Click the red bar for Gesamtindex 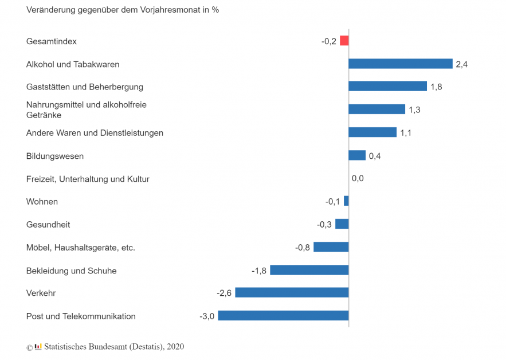344,41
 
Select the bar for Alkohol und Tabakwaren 400,64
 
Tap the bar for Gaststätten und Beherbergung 387,87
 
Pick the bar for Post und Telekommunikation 283,316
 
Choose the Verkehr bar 292,293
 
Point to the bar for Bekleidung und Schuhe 309,270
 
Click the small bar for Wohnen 346,201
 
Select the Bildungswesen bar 357,155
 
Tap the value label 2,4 461,64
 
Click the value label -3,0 207,316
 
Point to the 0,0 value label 358,179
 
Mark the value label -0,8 303,248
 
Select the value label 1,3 414,110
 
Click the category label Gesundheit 48,225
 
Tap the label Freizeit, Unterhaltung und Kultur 88,179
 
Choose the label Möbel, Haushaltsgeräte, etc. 80,248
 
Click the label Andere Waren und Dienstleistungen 95,133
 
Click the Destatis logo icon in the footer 38,346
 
